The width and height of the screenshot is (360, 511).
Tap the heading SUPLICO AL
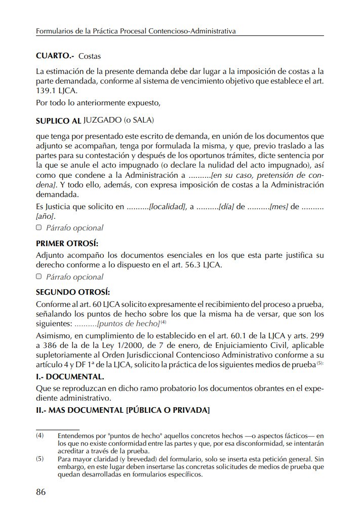point(59,122)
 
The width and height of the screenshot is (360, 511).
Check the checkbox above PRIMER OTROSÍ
point(39,227)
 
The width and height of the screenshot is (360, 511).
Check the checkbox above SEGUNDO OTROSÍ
point(39,277)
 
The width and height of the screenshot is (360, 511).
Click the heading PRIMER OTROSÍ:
point(67,243)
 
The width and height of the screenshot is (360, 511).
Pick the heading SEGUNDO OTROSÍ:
point(73,292)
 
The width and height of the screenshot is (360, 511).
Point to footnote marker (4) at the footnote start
point(40,436)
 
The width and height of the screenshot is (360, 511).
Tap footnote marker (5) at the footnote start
point(40,460)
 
